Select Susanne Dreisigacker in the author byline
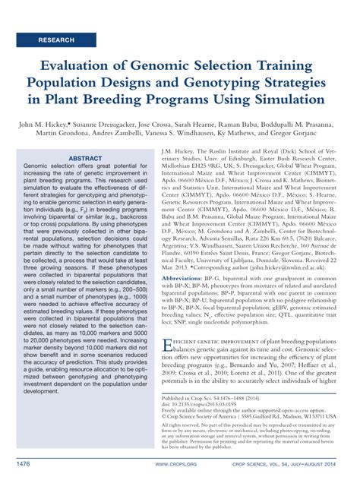(116, 122)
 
